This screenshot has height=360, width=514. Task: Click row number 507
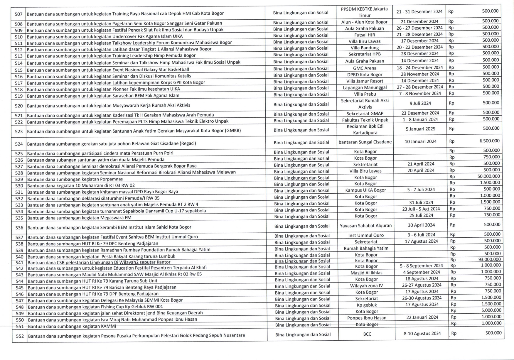click(x=18, y=14)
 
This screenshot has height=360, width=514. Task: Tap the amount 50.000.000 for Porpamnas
click(x=488, y=176)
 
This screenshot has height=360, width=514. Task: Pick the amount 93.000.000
click(x=489, y=259)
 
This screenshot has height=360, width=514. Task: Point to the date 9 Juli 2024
click(x=420, y=103)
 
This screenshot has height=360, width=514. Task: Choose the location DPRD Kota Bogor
click(x=365, y=75)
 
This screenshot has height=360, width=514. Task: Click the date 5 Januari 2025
click(x=420, y=129)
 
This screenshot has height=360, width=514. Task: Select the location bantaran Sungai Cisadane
click(x=365, y=142)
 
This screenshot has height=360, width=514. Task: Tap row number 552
click(x=20, y=336)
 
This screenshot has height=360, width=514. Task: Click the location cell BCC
click(x=367, y=334)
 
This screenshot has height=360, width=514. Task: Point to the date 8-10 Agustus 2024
click(x=422, y=333)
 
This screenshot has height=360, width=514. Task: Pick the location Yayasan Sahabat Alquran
click(x=366, y=226)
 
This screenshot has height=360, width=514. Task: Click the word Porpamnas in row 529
click(x=112, y=179)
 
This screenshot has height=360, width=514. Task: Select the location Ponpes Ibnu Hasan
click(x=367, y=318)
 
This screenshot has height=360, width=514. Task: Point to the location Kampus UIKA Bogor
click(x=365, y=190)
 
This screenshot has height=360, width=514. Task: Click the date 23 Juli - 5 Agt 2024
click(x=421, y=209)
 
